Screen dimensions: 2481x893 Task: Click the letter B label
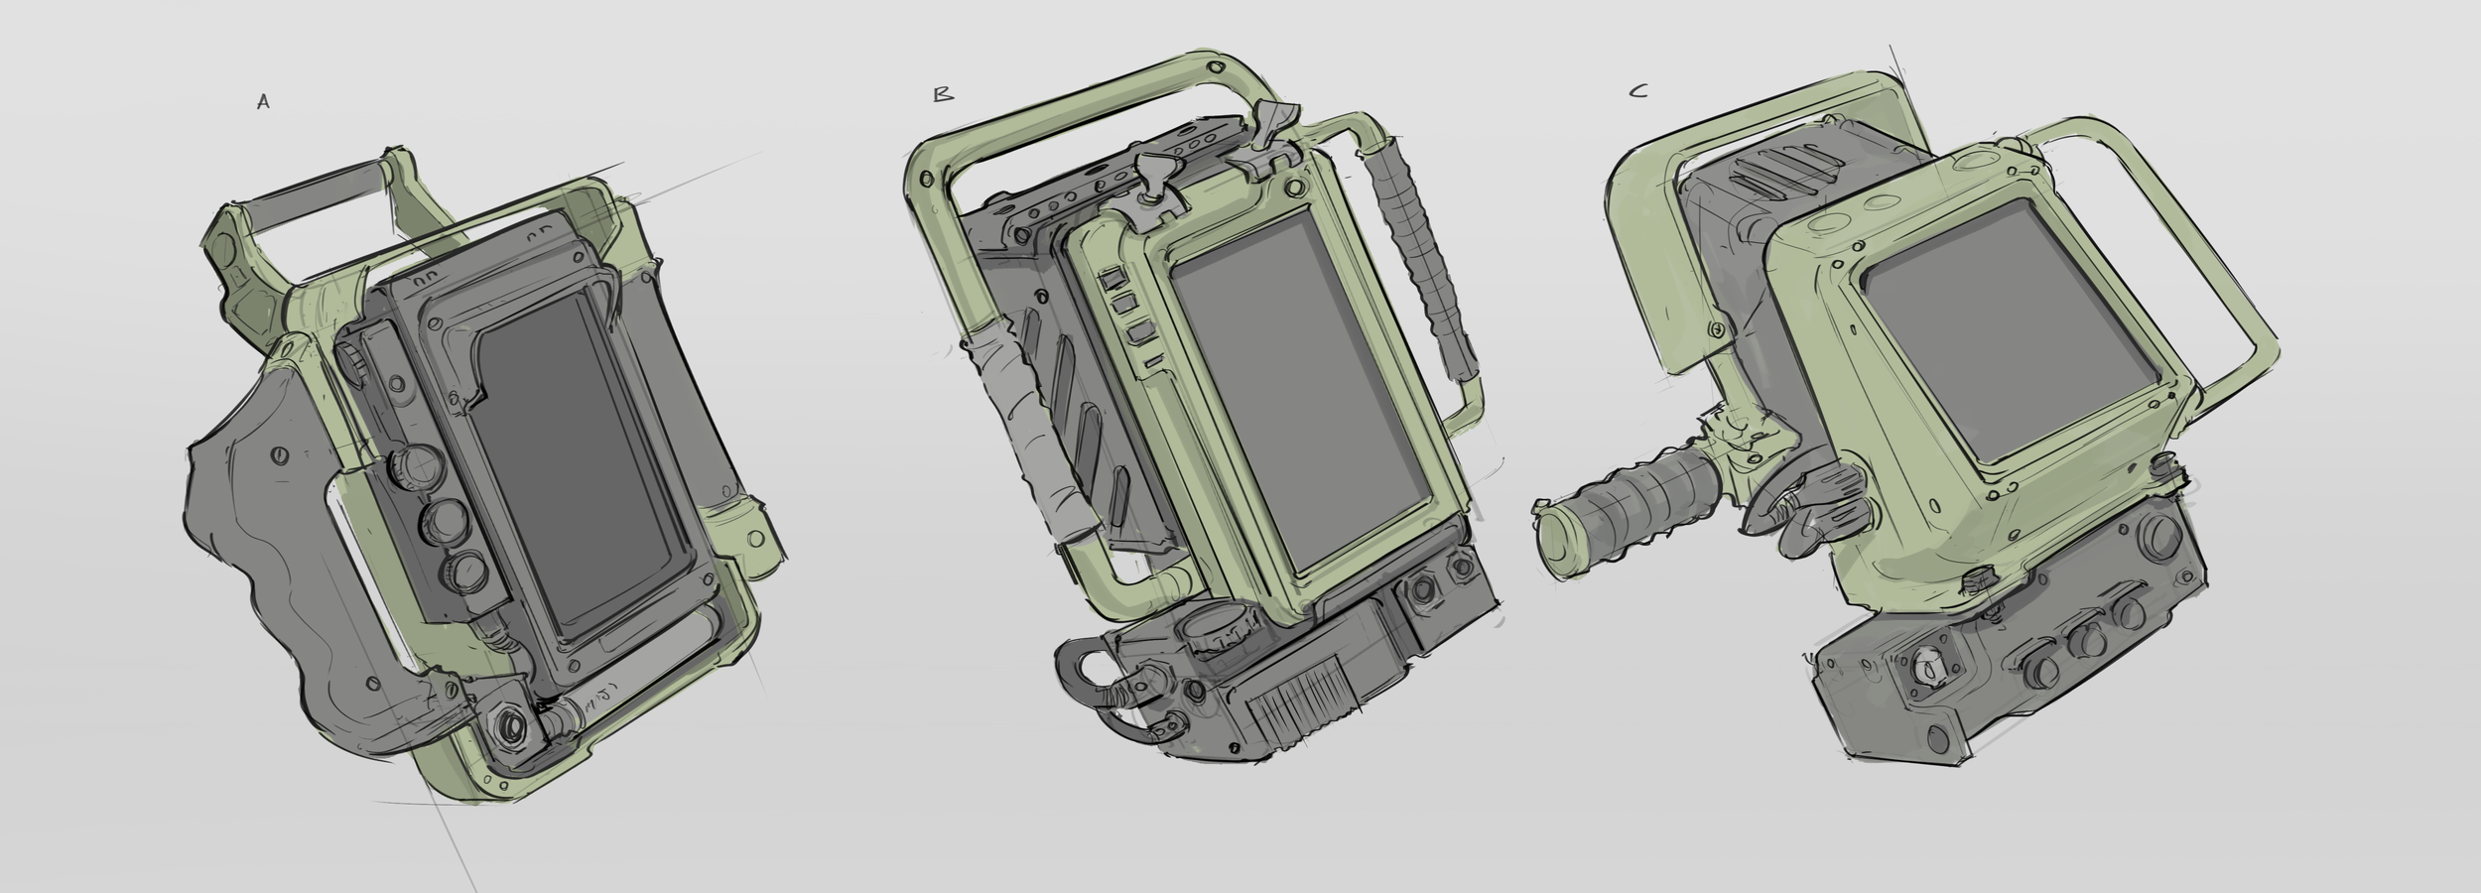943,95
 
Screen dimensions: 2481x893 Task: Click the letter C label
1638,91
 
